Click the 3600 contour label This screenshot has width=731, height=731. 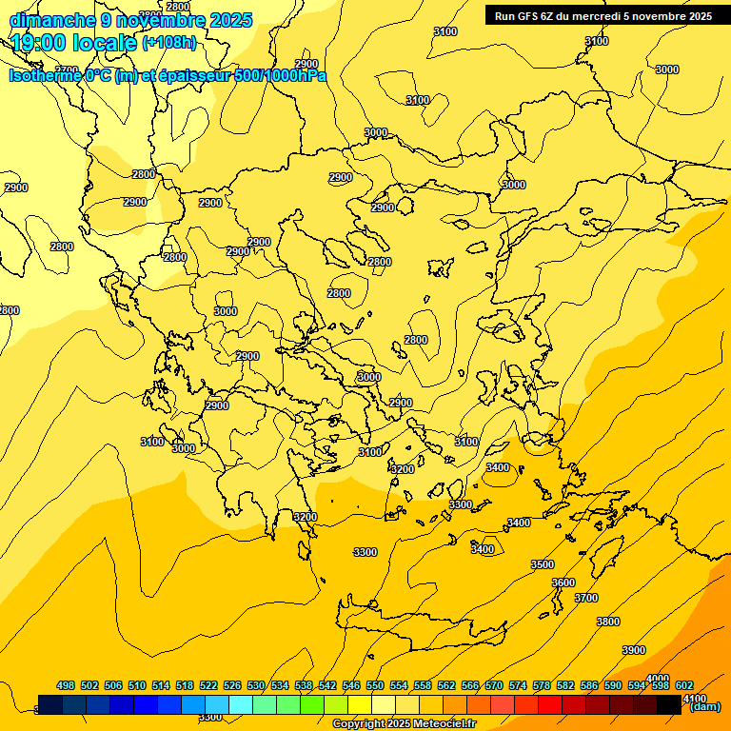click(x=563, y=583)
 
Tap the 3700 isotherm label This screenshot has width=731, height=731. click(x=586, y=598)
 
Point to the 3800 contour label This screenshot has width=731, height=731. click(x=608, y=622)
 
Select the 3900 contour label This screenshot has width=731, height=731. click(x=634, y=650)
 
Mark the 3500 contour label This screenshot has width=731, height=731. click(x=543, y=564)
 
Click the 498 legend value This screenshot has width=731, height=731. click(x=66, y=686)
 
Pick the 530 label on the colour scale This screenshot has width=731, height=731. click(x=256, y=686)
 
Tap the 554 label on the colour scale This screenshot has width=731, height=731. click(x=399, y=686)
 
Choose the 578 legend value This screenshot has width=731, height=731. click(x=542, y=686)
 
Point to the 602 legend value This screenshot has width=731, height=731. click(x=684, y=686)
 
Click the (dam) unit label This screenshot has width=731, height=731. click(x=704, y=706)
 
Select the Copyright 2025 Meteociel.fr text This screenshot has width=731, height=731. click(x=405, y=724)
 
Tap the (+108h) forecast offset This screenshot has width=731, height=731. click(x=169, y=43)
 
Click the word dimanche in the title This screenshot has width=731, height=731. click(x=48, y=20)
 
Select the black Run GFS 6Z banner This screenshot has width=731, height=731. click(x=603, y=16)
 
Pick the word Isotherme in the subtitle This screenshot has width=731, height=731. click(x=44, y=76)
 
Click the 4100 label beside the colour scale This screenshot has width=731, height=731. click(x=695, y=698)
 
